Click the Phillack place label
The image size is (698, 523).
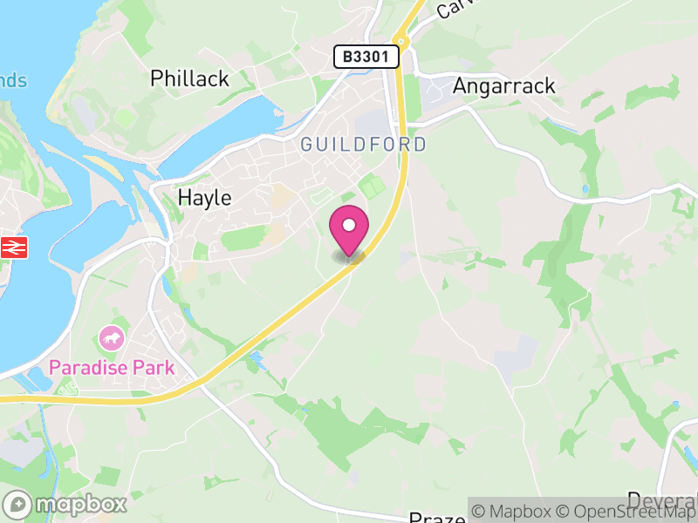pyautogui.click(x=189, y=78)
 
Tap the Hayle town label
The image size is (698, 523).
pyautogui.click(x=204, y=198)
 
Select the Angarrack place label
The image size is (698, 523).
pyautogui.click(x=503, y=86)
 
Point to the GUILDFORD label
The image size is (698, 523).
pyautogui.click(x=364, y=145)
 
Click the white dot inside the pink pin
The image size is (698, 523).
pyautogui.click(x=349, y=226)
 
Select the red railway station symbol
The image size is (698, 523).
pyautogui.click(x=14, y=247)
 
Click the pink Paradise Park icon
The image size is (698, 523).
pyautogui.click(x=112, y=336)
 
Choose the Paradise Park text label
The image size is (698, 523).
pyautogui.click(x=112, y=367)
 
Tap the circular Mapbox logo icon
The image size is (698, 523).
pyautogui.click(x=17, y=504)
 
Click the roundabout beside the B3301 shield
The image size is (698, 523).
pyautogui.click(x=400, y=40)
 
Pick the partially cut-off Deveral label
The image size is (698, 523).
pyautogui.click(x=661, y=500)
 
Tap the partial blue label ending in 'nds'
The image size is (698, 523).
pyautogui.click(x=13, y=81)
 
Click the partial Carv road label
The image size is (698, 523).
pyautogui.click(x=454, y=8)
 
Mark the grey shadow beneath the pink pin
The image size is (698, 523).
pyautogui.click(x=349, y=256)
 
